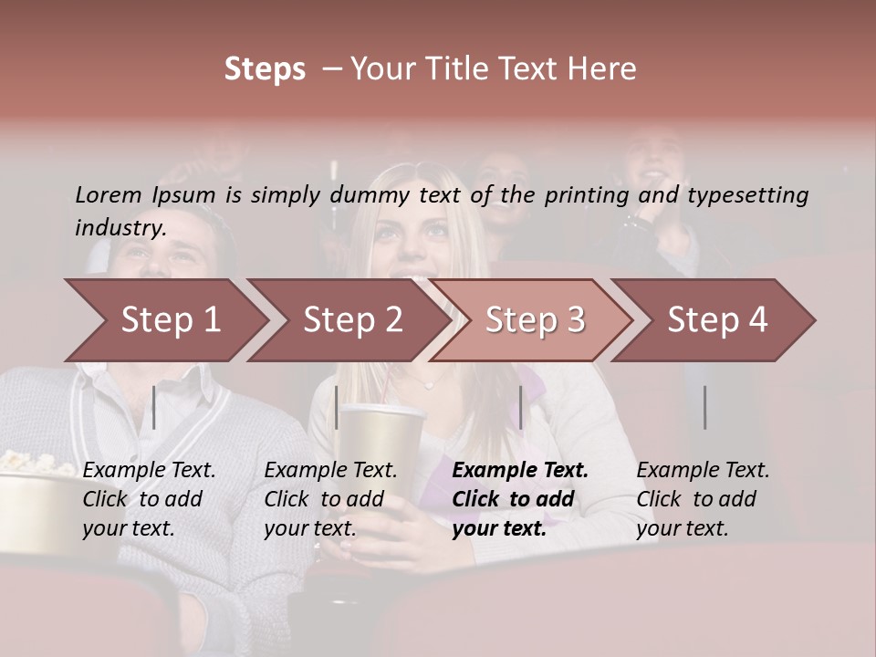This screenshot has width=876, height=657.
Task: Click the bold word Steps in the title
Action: tap(265, 69)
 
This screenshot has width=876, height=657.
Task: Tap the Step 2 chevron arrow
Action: tap(351, 320)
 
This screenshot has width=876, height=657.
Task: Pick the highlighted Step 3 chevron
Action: tap(534, 320)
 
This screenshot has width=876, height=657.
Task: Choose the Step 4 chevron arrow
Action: tap(716, 320)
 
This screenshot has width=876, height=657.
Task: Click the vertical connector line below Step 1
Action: tap(154, 407)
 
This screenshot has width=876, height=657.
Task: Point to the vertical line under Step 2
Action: tap(337, 407)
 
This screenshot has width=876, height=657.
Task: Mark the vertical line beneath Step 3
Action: tap(520, 407)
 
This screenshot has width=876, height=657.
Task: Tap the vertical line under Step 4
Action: tap(704, 407)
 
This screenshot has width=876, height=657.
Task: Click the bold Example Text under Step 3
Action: tap(520, 471)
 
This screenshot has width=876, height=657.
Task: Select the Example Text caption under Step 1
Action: tap(149, 471)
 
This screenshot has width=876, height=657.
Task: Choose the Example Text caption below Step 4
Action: tap(703, 471)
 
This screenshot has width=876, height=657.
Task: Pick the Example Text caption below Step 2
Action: tap(330, 471)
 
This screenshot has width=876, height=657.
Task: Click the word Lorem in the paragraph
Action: tap(109, 195)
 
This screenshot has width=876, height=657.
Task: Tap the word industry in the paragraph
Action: tap(120, 228)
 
